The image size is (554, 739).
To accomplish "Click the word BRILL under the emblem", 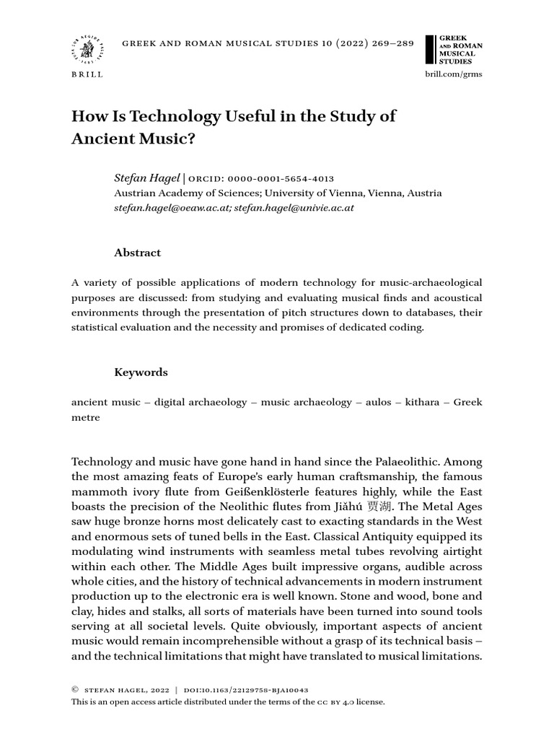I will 87,74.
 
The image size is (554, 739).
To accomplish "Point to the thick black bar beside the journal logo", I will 431,49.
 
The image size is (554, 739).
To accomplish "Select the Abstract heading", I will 138,253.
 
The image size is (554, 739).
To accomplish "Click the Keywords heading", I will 141,372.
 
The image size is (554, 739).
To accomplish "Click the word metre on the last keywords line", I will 85,417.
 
